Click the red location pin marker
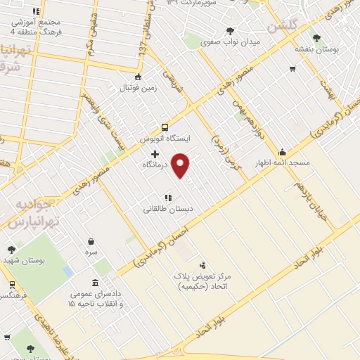click(x=181, y=165)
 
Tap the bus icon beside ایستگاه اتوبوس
click(x=165, y=127)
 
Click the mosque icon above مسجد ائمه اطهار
click(x=283, y=151)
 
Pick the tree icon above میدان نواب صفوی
click(x=231, y=31)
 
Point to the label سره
click(x=91, y=252)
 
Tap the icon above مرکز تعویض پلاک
click(x=203, y=264)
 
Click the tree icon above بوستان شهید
click(x=11, y=249)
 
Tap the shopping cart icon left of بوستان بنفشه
click(x=292, y=69)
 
